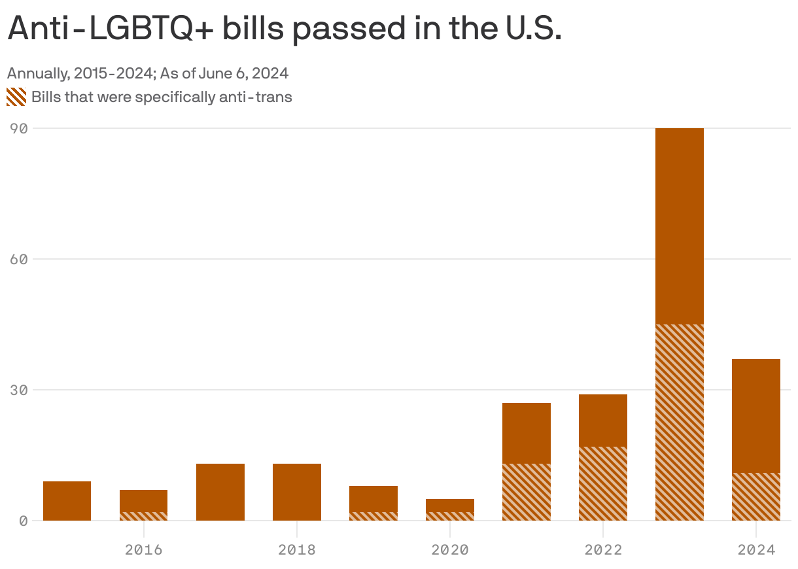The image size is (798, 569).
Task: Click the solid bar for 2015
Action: click(67, 500)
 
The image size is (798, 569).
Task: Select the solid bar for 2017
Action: click(220, 492)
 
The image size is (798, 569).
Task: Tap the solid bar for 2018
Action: click(296, 492)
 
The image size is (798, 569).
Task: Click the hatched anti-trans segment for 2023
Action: click(679, 422)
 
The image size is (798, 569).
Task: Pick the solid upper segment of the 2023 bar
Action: click(679, 226)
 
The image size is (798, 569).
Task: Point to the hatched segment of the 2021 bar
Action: click(526, 492)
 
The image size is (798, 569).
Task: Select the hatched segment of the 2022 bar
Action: click(602, 483)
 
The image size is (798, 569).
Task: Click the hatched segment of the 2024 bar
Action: click(755, 496)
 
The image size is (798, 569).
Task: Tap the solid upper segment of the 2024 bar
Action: click(755, 415)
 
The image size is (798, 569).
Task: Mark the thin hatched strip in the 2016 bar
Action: click(143, 516)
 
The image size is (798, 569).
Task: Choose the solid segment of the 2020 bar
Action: click(449, 505)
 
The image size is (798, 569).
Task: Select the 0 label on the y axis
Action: click(23, 521)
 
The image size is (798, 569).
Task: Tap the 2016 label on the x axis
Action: click(143, 549)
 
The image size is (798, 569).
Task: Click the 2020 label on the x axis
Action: click(449, 549)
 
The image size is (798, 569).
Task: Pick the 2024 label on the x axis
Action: click(755, 549)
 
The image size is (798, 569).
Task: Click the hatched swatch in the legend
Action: click(16, 97)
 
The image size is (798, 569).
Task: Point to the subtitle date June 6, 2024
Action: click(249, 73)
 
